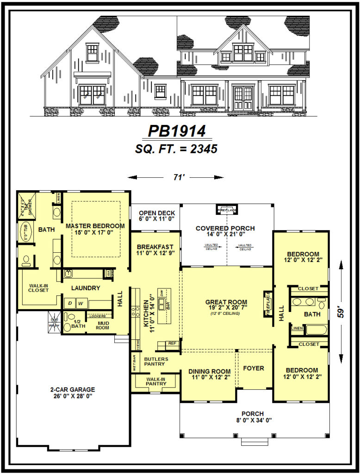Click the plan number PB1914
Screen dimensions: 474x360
176,131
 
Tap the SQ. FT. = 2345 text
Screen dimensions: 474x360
176,149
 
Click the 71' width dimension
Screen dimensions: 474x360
176,177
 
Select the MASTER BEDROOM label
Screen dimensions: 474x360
95,226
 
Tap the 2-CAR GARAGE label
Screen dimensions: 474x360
72,389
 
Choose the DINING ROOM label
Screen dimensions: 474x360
209,371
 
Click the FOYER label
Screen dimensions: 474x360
254,368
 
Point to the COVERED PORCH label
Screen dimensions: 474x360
225,228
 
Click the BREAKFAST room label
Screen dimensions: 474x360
155,247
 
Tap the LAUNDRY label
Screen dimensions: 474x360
86,288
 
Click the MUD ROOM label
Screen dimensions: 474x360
102,325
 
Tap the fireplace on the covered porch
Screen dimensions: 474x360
227,210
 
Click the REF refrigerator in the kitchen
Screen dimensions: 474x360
172,344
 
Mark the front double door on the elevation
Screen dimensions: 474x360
243,95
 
